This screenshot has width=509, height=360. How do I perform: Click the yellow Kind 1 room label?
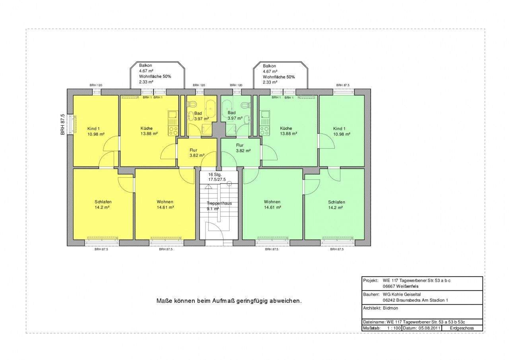pos(93,129)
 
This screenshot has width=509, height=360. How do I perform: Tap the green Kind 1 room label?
pos(339,129)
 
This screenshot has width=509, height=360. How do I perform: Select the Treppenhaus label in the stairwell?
pos(219,203)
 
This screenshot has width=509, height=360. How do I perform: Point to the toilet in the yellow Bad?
pos(192,105)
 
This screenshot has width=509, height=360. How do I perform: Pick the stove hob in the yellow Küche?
pos(173,131)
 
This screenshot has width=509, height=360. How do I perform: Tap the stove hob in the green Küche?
pos(264,131)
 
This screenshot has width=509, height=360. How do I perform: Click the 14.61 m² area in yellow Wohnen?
pos(165,207)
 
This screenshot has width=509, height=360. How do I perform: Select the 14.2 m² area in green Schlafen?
pos(335,208)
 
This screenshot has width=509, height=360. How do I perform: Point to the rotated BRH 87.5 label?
pos(63,125)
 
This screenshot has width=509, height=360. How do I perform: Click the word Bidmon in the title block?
pos(390,308)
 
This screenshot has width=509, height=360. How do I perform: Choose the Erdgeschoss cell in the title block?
pos(462,328)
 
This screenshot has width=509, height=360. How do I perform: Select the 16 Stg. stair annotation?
pos(215,174)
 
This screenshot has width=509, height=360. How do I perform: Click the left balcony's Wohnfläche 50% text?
pos(155,77)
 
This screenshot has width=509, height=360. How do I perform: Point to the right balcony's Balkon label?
pos(269,66)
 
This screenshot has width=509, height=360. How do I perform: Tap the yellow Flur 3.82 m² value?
pos(197,155)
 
